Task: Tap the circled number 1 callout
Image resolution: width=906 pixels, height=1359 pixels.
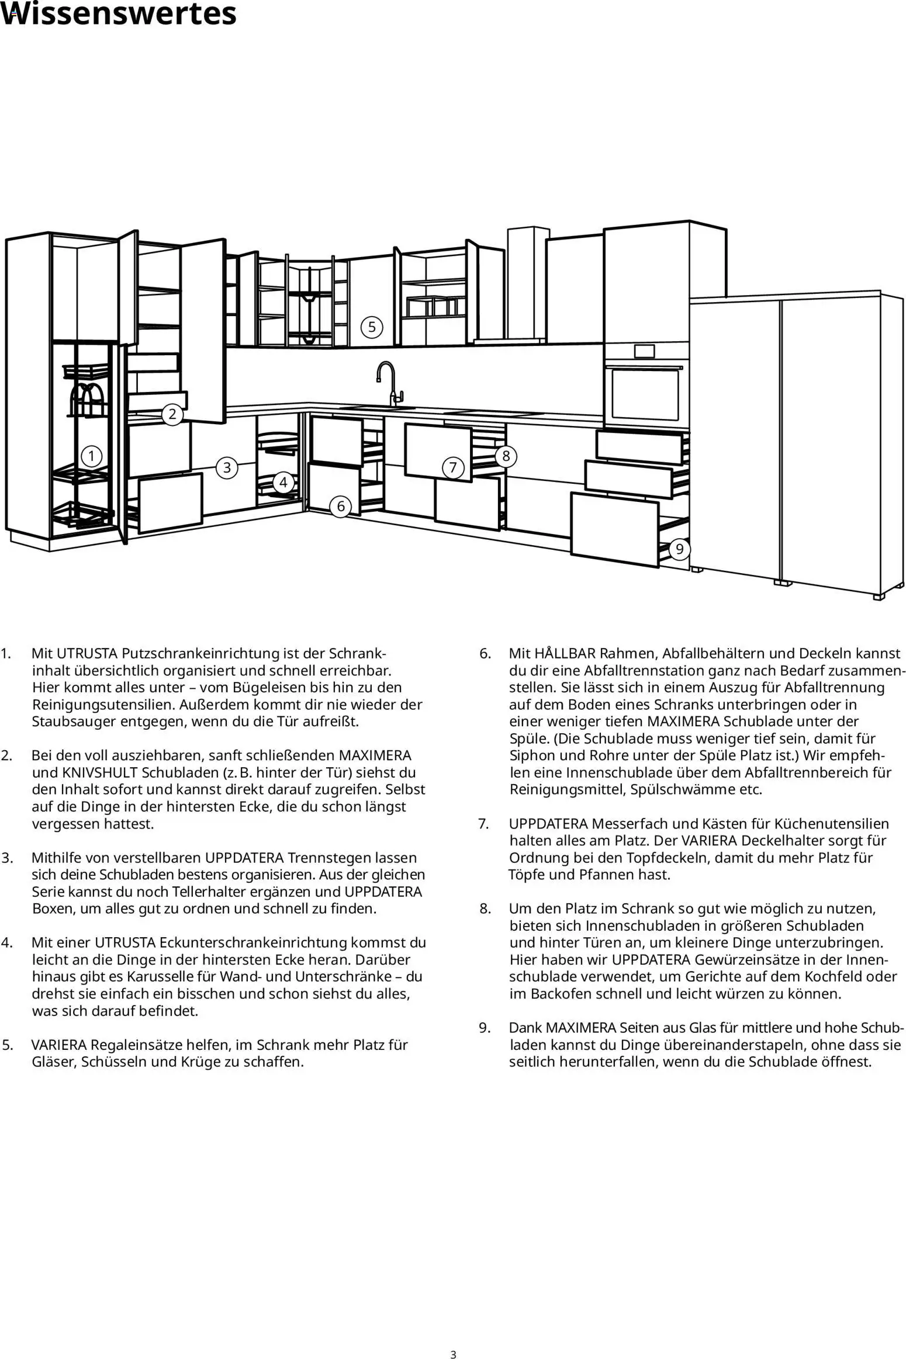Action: [x=91, y=456]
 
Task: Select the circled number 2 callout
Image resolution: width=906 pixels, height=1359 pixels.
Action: [x=172, y=414]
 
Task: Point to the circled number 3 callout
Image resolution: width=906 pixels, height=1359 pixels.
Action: [x=227, y=467]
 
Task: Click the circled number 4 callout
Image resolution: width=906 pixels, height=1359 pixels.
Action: [x=283, y=483]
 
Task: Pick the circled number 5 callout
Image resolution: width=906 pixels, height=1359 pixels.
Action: [x=372, y=327]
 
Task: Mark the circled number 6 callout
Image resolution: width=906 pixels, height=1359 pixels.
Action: [x=341, y=506]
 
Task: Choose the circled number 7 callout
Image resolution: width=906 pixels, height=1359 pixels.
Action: [x=452, y=467]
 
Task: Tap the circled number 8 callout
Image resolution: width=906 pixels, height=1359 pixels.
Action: [x=506, y=456]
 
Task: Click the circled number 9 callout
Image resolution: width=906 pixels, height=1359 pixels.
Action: [x=679, y=549]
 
